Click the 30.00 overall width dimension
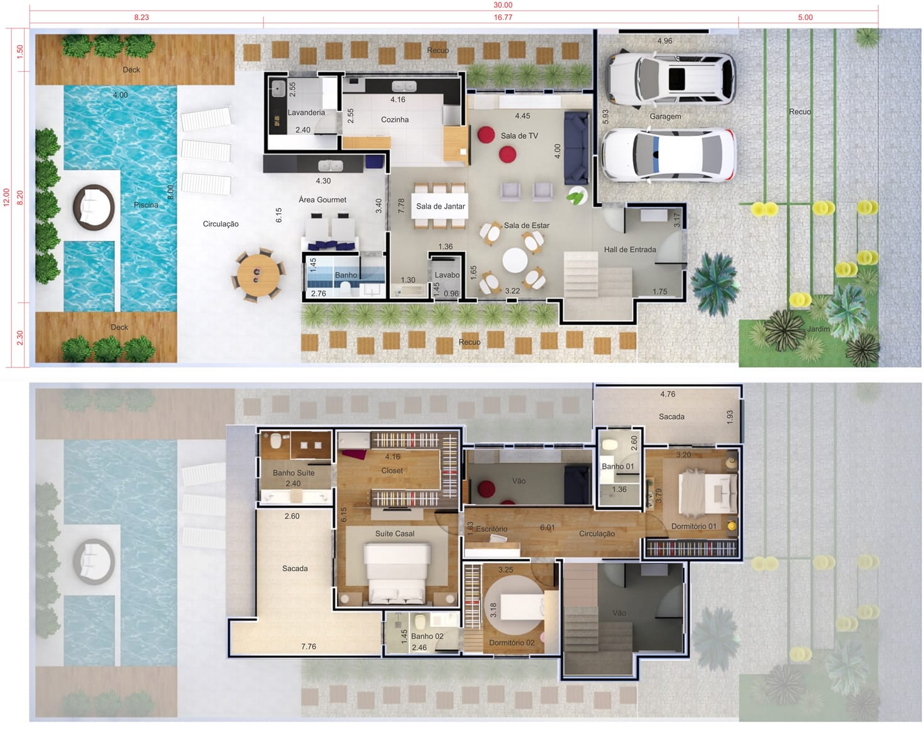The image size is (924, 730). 502,5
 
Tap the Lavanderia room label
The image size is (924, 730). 306,112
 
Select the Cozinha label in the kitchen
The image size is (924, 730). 395,120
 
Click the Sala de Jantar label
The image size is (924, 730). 441,207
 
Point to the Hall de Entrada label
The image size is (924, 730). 630,249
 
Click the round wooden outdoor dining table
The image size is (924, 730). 258,275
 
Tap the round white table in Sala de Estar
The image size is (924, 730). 515,261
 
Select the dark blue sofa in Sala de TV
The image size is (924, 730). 576,148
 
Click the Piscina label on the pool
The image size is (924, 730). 146,205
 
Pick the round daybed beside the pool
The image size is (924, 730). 94,207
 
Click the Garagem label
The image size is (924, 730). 665,116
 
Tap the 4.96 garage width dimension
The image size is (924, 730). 664,41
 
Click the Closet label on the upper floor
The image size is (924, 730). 392,471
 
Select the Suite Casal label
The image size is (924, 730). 395,534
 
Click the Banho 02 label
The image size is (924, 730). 427,636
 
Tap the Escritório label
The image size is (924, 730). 492,529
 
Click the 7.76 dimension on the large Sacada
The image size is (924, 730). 308,646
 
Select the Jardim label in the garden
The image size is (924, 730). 818,329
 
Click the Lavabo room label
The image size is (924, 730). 447,275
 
